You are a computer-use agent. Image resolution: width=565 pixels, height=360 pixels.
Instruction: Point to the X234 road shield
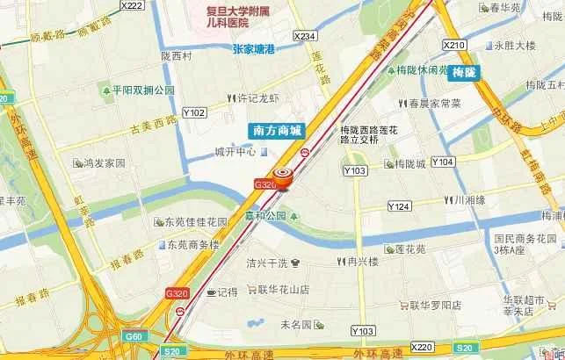[305, 36]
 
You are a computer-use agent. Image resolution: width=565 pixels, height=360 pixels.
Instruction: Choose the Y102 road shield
[194, 112]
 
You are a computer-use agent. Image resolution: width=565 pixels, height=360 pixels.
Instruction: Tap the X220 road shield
[422, 347]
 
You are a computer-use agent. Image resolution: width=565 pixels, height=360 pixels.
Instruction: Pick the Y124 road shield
[399, 206]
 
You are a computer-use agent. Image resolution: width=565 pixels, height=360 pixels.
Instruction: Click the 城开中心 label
[235, 152]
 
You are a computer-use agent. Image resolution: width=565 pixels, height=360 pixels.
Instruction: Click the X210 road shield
[453, 45]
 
